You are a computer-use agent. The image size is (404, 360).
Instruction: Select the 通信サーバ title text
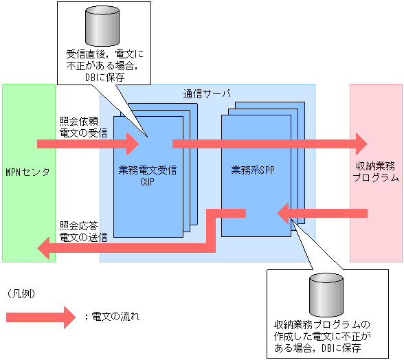pyautogui.click(x=207, y=93)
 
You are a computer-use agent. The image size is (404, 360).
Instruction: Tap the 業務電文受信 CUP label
pyautogui.click(x=148, y=176)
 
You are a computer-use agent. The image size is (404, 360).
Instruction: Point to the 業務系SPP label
pyautogui.click(x=253, y=171)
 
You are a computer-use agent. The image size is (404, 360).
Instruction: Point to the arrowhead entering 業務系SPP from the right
pyautogui.click(x=283, y=214)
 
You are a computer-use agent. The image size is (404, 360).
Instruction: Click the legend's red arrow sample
pyautogui.click(x=39, y=317)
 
